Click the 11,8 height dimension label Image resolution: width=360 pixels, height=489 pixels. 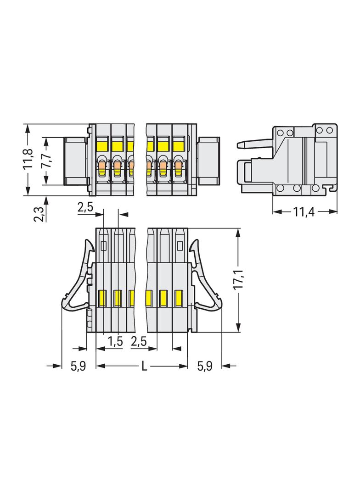point(28,158)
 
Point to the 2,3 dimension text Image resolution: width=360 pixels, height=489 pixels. point(39,214)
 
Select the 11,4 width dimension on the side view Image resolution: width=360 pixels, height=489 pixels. point(304,212)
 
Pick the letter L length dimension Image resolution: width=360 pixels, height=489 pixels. point(144,366)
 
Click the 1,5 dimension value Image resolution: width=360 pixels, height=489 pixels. point(115,342)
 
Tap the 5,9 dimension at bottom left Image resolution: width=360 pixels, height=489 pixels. point(78,366)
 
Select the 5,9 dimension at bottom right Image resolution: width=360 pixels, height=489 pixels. point(204,366)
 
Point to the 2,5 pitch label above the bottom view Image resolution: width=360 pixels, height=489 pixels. point(85,207)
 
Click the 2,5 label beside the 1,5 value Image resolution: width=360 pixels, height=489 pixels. point(139,342)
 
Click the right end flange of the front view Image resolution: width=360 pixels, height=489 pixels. point(208,161)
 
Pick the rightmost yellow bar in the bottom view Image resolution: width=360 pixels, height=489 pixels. point(179,298)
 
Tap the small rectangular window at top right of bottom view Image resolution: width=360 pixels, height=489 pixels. point(180,245)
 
